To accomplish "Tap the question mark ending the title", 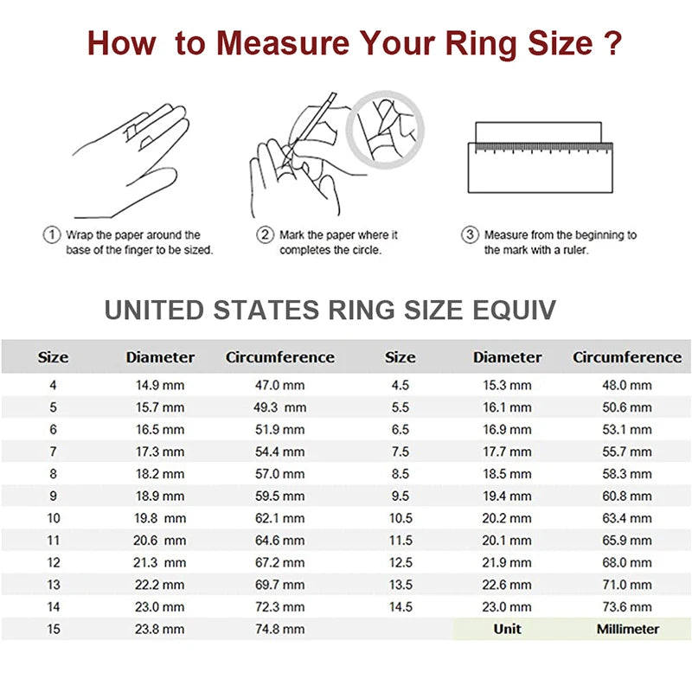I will [612, 42].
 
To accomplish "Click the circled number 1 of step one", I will [51, 234].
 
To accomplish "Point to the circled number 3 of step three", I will [471, 234].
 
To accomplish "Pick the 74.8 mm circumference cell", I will [280, 629].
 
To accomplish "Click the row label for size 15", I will [54, 629].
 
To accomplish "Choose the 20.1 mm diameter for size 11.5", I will [508, 541].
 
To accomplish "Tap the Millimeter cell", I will [627, 629].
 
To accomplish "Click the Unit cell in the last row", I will [508, 629].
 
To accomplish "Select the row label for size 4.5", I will [400, 385].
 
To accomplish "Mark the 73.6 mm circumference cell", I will [627, 607].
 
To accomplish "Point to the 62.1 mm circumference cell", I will [280, 518].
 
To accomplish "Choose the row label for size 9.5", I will [400, 496].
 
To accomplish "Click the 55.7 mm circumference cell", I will [627, 452].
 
